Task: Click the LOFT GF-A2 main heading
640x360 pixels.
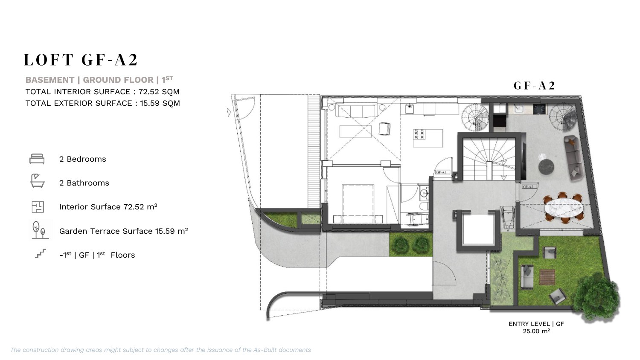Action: tap(81, 60)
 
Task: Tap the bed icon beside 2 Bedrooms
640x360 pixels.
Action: tap(37, 159)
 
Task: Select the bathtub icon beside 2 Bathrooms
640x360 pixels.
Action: tap(37, 180)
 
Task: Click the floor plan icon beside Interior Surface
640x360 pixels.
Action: tap(38, 207)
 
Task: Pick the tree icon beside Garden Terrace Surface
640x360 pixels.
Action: tap(39, 230)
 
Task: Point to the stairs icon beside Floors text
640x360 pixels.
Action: tap(41, 253)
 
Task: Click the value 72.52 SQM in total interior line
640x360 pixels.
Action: tap(159, 92)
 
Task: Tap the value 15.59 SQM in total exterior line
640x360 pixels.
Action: tap(160, 103)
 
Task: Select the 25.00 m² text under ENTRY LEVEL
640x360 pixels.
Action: tap(536, 331)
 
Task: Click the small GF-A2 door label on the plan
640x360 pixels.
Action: tap(528, 187)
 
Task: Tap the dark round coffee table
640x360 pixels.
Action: tap(546, 167)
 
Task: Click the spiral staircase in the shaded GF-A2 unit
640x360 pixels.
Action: tap(563, 118)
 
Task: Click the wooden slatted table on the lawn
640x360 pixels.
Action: tap(547, 277)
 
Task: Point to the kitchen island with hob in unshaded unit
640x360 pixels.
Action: tap(428, 138)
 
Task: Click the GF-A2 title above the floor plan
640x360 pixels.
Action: tap(534, 86)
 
